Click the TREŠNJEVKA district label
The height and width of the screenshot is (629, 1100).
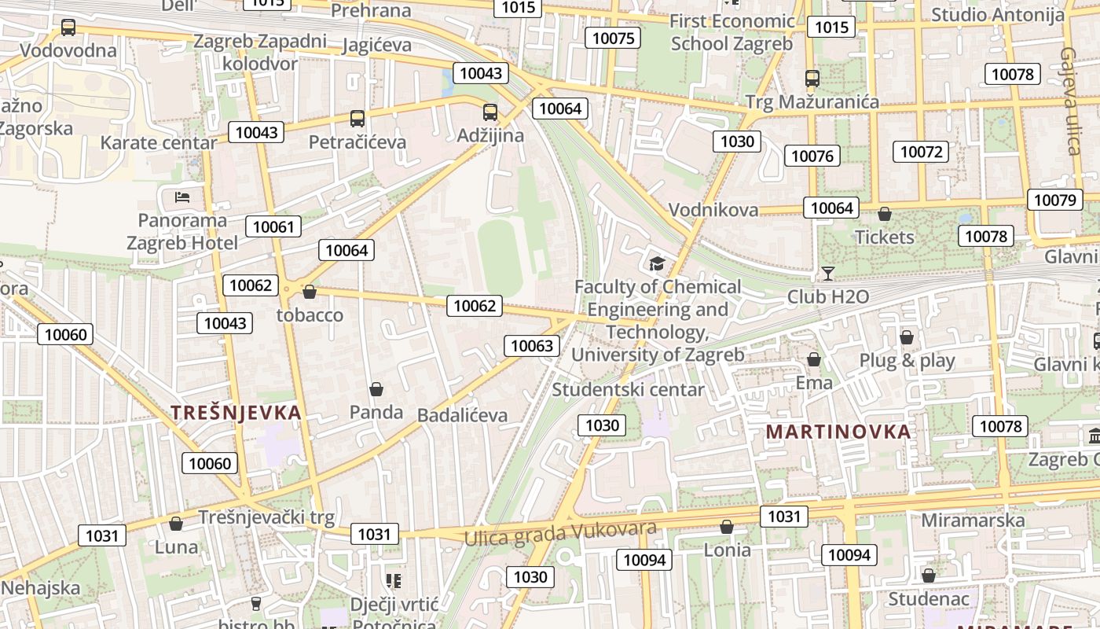tap(236, 413)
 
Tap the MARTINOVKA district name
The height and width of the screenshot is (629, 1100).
tap(838, 432)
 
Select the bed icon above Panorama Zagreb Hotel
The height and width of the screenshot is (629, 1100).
tap(183, 197)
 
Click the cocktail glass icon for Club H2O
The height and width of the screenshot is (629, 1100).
tap(827, 274)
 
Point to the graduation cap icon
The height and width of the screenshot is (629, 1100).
tap(657, 264)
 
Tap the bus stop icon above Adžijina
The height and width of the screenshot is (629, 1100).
tap(490, 112)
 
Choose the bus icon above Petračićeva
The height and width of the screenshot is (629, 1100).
tap(357, 119)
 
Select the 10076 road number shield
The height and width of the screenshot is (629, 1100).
tap(812, 156)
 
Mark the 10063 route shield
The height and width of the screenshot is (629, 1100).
tap(533, 345)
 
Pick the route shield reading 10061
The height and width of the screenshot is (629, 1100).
tap(273, 227)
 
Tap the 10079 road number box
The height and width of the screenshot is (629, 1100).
tap(1054, 200)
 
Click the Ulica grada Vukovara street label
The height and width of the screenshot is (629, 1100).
tap(560, 532)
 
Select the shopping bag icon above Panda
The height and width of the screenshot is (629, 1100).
tap(376, 389)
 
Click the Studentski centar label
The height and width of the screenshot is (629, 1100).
tap(629, 389)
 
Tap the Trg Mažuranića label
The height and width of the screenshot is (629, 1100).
tap(812, 102)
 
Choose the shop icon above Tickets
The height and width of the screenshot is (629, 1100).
tap(885, 214)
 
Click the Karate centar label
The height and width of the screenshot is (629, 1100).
tap(159, 143)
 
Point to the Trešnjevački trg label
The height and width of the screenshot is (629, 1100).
tap(266, 517)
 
